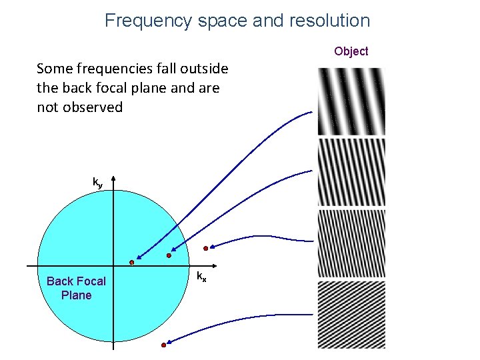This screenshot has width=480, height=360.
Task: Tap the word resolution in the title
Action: pos(329,21)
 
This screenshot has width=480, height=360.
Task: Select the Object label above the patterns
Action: pos(351,51)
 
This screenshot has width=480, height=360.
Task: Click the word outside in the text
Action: pos(199,69)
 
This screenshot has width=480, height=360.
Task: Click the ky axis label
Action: pos(97,181)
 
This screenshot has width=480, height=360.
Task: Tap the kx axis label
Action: pos(201,276)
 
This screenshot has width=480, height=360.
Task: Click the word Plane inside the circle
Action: pos(76,295)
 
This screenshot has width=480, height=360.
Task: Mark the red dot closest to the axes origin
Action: pos(131,263)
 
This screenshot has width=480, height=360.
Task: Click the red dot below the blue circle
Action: pos(163,345)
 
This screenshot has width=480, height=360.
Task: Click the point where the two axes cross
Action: pos(114,266)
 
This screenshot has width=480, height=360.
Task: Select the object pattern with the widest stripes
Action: pos(351,101)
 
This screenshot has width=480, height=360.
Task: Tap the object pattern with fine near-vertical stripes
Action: pos(351,243)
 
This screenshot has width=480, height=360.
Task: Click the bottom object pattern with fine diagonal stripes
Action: pos(351,315)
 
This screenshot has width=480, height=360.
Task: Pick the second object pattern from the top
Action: pos(351,172)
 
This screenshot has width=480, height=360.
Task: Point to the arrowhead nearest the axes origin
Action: pos(138,258)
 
